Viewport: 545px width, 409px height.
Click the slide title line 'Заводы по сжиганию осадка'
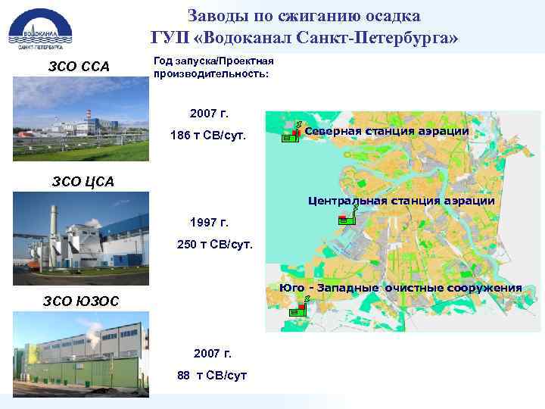(x=304, y=15)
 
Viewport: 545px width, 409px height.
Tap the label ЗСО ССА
(x=79, y=67)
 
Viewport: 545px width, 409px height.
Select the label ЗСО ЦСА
(x=83, y=180)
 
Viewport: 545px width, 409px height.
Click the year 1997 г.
(x=209, y=223)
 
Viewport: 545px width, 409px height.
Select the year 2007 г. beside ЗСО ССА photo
(x=209, y=114)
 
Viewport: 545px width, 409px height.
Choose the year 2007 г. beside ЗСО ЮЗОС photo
(x=213, y=353)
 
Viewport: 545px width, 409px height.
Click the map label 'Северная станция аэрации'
(x=387, y=131)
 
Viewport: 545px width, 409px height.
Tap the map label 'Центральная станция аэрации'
(x=401, y=201)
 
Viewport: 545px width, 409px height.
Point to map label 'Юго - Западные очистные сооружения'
(x=400, y=288)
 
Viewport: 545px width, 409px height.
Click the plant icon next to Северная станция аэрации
(x=291, y=133)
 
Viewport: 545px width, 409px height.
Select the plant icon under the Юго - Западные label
(x=301, y=305)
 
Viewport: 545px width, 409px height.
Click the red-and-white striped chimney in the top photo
(x=89, y=117)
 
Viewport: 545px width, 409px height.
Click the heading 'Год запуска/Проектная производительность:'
(x=214, y=67)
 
